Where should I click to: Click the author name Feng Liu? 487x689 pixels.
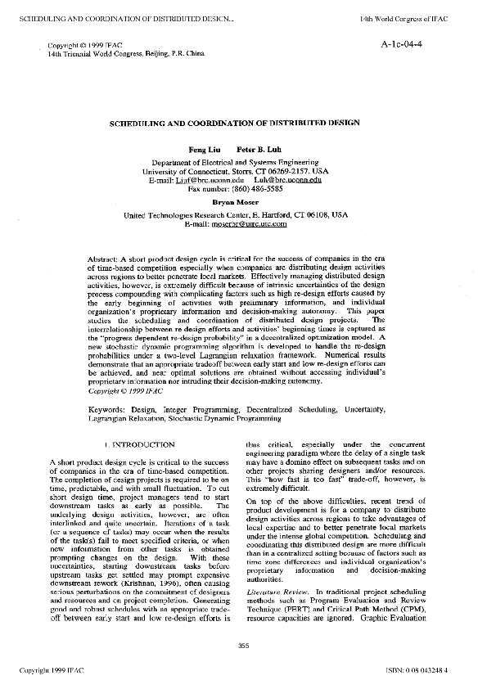pos(202,151)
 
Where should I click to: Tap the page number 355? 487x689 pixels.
pos(242,646)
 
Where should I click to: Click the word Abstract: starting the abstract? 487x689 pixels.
pos(103,259)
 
